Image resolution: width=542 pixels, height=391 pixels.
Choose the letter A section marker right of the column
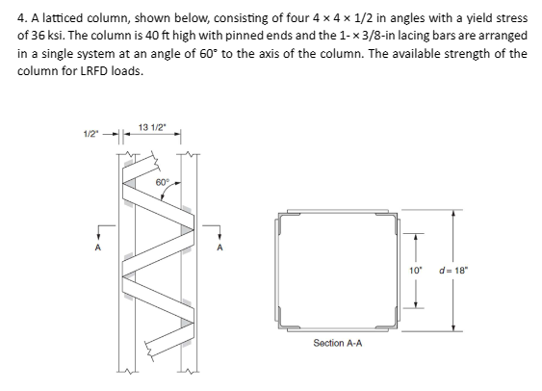(219, 245)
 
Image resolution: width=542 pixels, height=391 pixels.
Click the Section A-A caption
(335, 342)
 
